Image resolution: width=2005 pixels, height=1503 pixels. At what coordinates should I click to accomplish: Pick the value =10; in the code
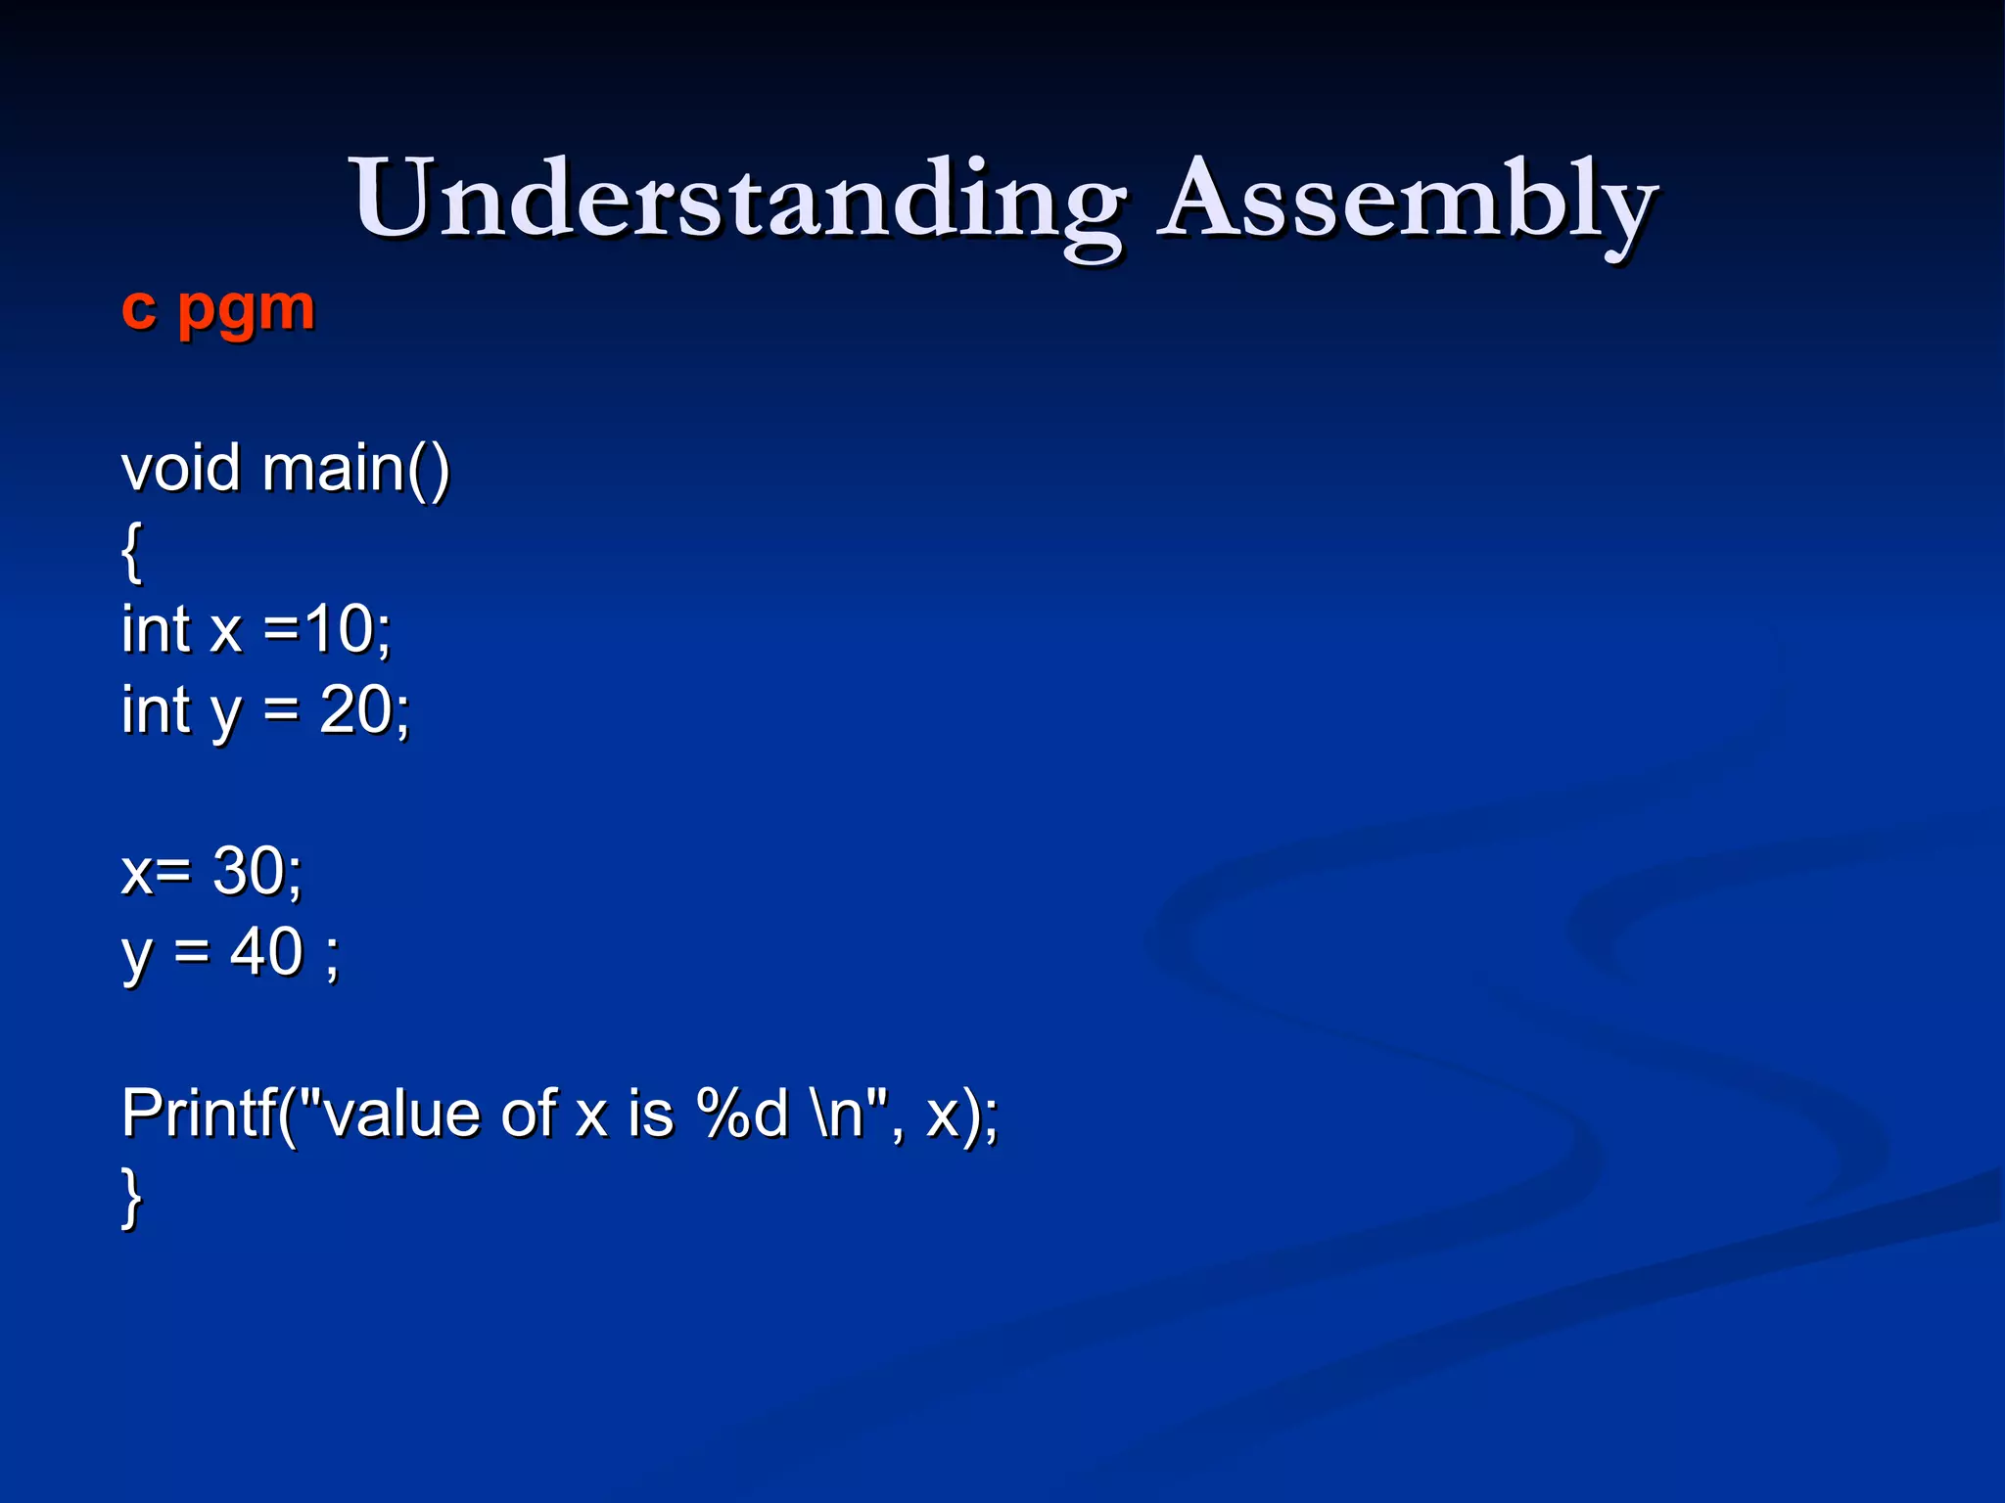328,629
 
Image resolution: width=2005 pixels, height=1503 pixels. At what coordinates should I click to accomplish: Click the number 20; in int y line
364,710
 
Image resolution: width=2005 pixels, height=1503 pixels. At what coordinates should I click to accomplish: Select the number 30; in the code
257,871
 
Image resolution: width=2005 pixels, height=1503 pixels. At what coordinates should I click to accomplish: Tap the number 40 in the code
266,951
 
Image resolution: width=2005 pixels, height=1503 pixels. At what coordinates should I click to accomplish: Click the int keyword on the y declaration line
156,710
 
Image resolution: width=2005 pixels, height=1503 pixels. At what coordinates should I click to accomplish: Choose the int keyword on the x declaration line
156,629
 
